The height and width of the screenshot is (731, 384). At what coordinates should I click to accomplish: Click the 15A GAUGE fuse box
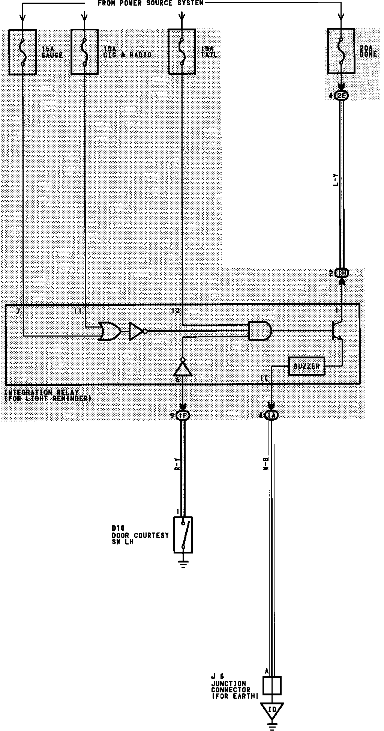pyautogui.click(x=23, y=52)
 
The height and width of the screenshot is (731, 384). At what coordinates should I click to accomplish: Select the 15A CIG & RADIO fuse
pyautogui.click(x=85, y=52)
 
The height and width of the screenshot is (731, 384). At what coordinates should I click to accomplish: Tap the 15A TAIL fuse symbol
pyautogui.click(x=182, y=52)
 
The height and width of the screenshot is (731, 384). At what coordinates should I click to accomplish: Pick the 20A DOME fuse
pyautogui.click(x=341, y=51)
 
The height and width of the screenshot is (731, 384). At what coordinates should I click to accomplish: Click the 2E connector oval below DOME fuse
pyautogui.click(x=341, y=96)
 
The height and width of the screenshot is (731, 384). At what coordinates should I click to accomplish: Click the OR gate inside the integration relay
pyautogui.click(x=109, y=331)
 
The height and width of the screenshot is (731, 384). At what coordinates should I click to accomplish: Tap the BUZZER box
pyautogui.click(x=306, y=366)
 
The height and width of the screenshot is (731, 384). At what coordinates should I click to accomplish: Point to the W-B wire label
pyautogui.click(x=266, y=465)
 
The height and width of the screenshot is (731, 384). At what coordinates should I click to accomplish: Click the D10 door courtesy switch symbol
pyautogui.click(x=183, y=535)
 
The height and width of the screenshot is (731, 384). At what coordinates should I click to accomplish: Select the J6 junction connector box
pyautogui.click(x=271, y=686)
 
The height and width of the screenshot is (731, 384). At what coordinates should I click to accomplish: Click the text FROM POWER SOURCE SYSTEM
pyautogui.click(x=151, y=3)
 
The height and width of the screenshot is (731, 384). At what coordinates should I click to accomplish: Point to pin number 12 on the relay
pyautogui.click(x=175, y=311)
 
